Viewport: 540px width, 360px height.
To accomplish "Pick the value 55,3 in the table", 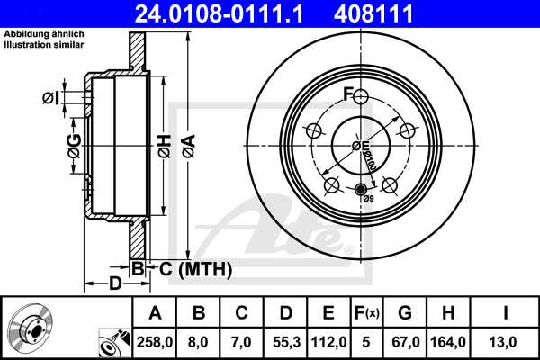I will coord(285,342).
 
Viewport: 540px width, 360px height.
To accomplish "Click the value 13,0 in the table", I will coord(507,342).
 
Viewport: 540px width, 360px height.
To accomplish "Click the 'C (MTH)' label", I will coord(192,268).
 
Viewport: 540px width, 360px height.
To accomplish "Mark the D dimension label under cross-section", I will coord(115,284).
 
